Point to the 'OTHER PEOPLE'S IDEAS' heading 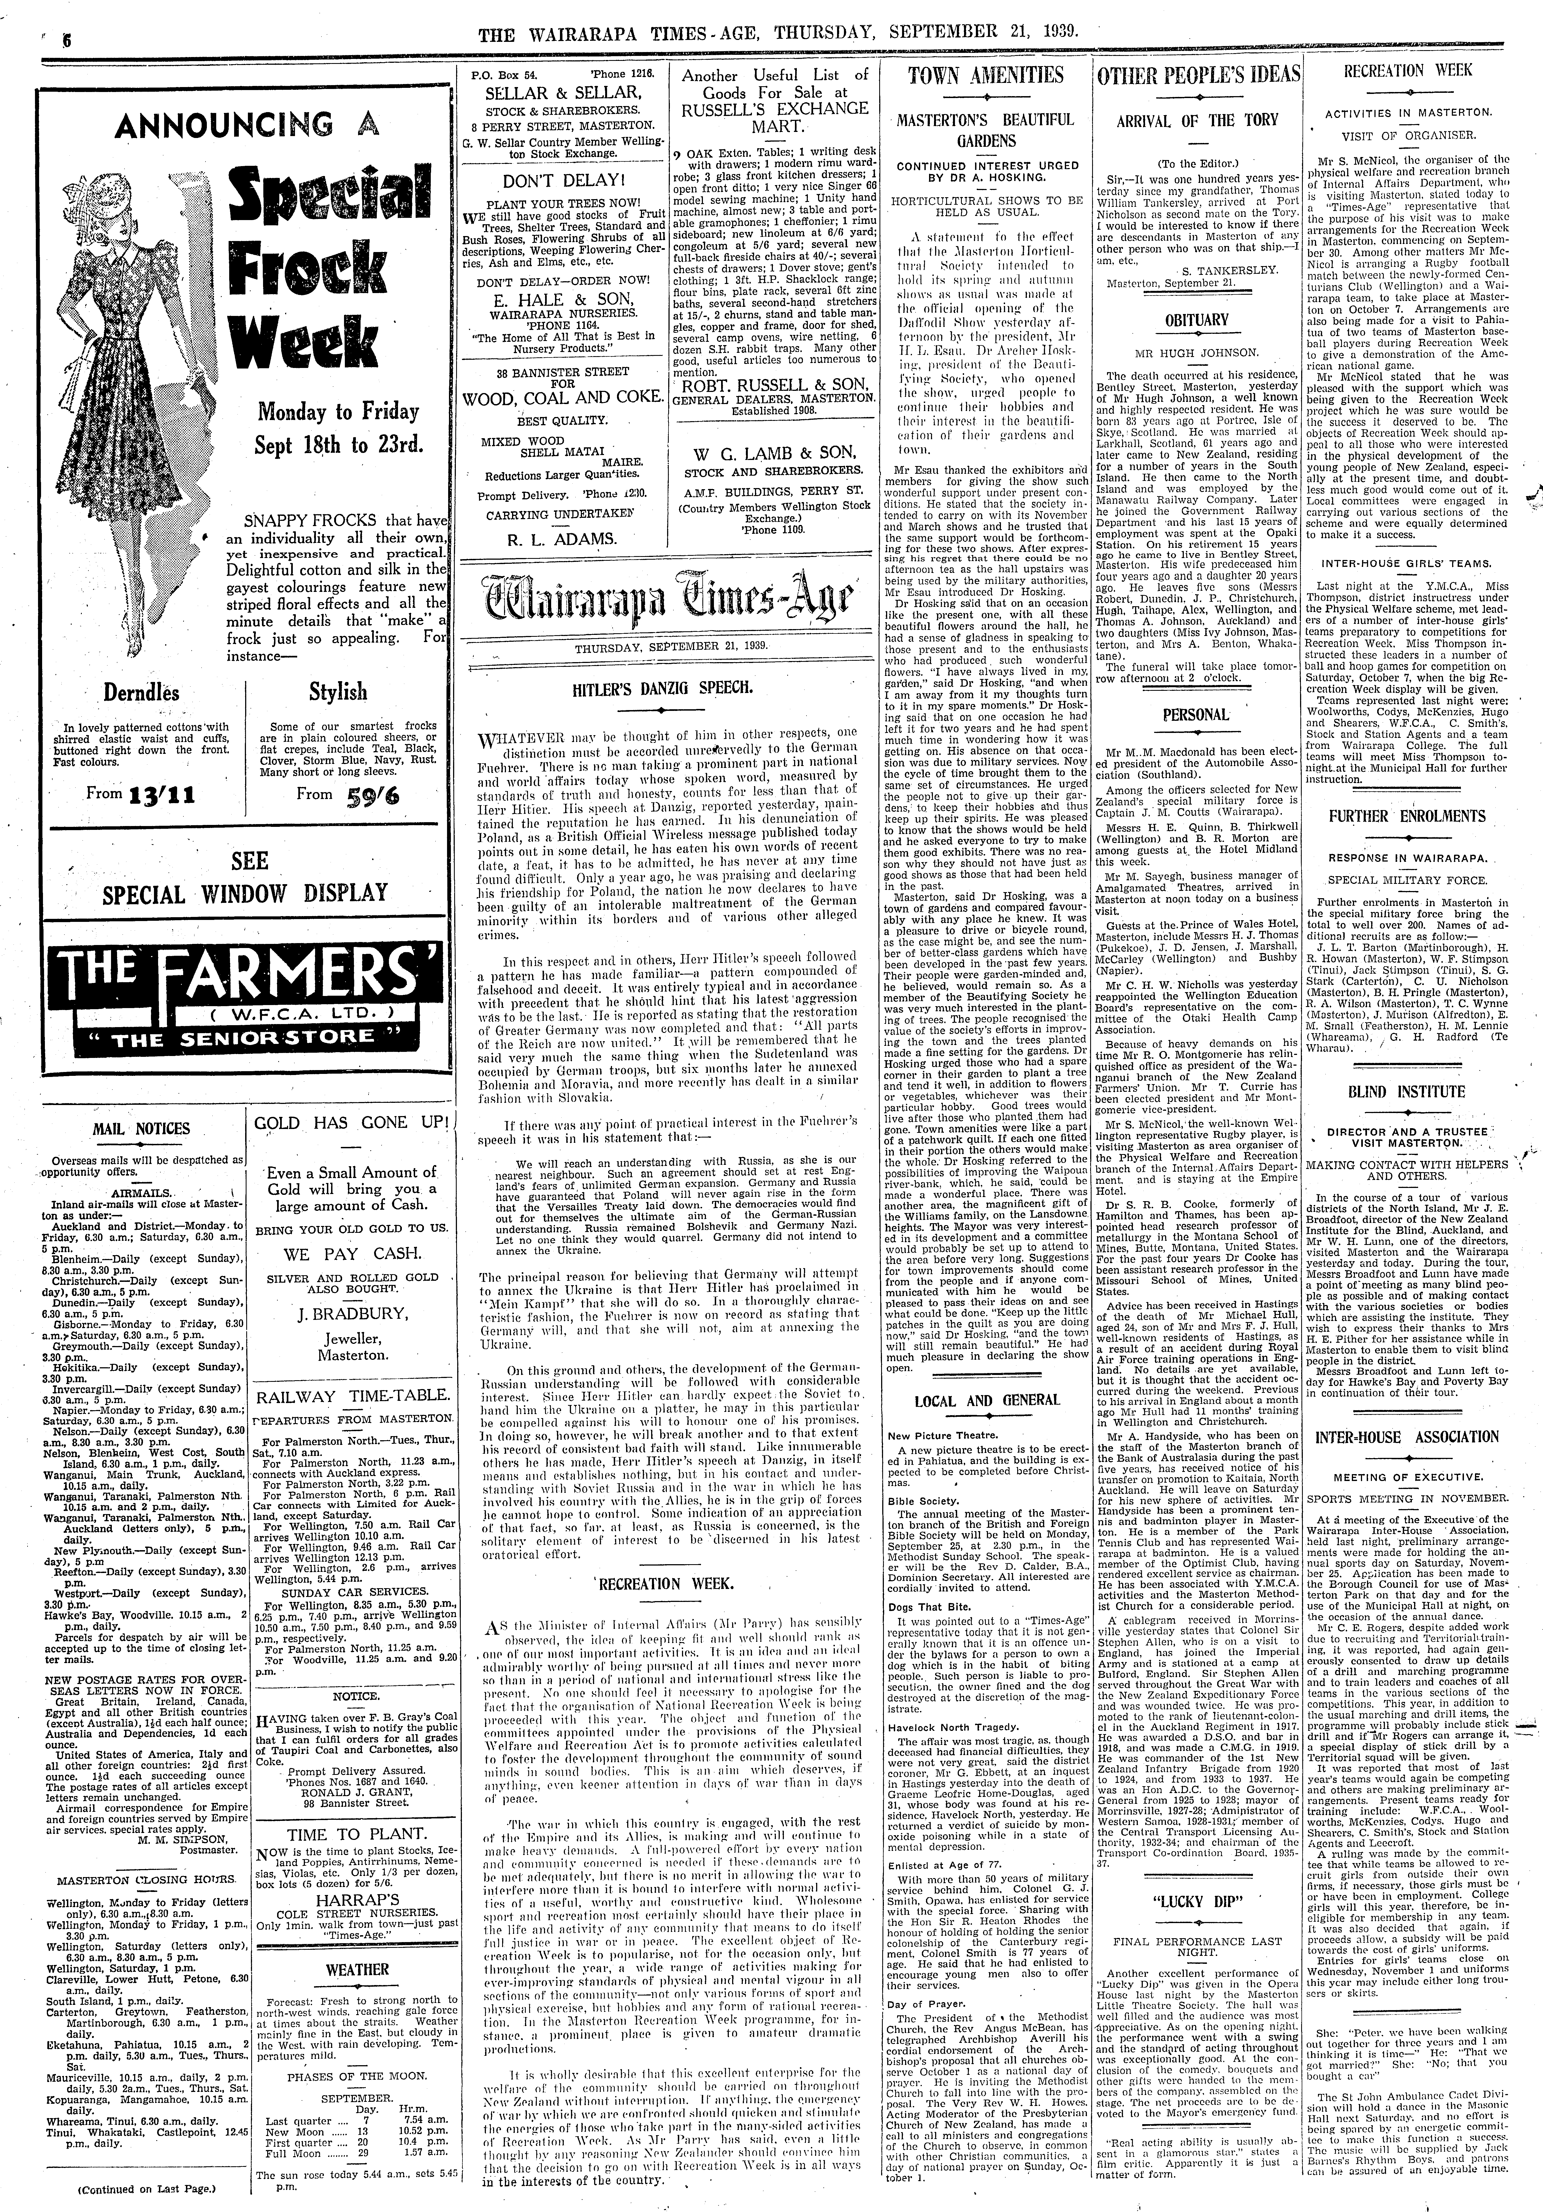[1199, 76]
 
